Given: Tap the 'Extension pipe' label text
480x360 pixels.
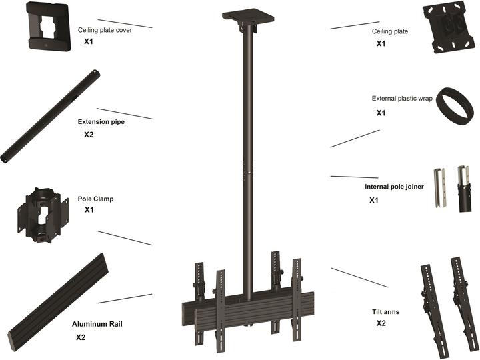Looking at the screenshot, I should tap(101, 123).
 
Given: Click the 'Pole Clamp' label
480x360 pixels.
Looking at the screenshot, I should tap(95, 199).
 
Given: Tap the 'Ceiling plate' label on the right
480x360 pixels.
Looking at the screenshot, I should tap(389, 31).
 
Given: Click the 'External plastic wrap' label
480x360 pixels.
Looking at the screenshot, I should tap(402, 99).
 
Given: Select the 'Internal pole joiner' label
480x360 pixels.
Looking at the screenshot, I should tap(394, 187).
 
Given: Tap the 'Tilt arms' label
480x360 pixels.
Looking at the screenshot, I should tap(386, 311).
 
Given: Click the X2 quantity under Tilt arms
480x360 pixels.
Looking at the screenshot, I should tap(381, 323).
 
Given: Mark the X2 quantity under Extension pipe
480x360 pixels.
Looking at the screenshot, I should tap(89, 135).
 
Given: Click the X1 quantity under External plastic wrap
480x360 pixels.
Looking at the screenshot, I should tap(381, 113).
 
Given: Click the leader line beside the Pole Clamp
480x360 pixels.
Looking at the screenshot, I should tap(125, 238).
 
